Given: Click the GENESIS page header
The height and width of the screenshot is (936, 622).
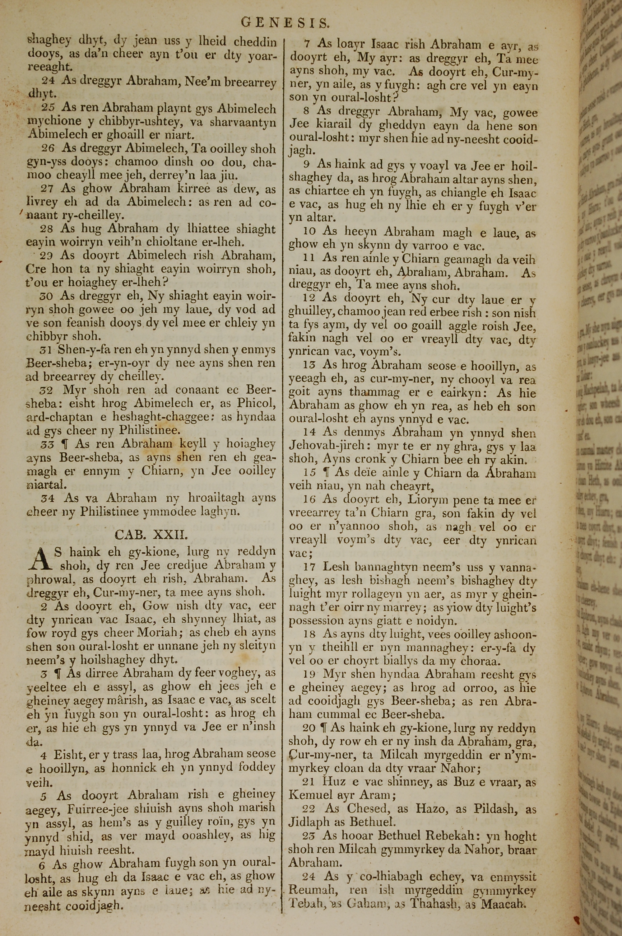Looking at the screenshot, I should coord(285,23).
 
